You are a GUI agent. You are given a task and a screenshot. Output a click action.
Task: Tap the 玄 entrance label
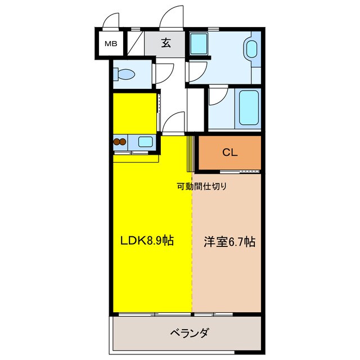click(166, 43)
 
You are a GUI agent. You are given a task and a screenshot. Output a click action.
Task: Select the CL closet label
click(228, 151)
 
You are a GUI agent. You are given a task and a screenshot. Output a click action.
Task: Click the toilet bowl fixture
click(125, 74)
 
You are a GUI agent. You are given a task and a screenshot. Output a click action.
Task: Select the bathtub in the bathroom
click(249, 107)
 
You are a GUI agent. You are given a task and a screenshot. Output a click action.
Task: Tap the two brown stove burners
click(120, 142)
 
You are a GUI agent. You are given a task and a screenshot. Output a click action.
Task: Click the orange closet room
click(228, 152)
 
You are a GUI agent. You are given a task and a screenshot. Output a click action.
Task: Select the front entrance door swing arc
click(172, 17)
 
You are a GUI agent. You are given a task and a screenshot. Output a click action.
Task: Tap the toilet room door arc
click(164, 74)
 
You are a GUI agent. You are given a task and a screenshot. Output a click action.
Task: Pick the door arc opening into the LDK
click(175, 122)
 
